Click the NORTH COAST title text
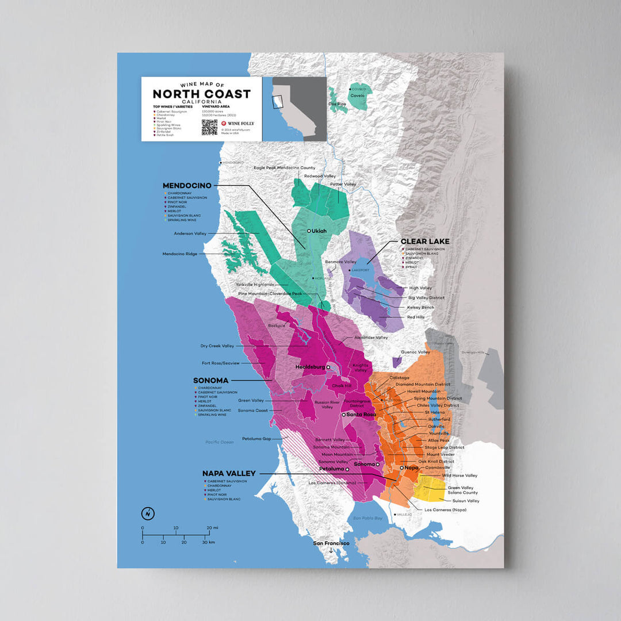pyautogui.click(x=201, y=94)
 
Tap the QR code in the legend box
pyautogui.click(x=209, y=127)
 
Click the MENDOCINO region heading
pyautogui.click(x=187, y=186)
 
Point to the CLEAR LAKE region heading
pyautogui.click(x=425, y=241)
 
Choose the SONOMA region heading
pyautogui.click(x=211, y=381)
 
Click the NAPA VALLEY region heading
pyautogui.click(x=229, y=473)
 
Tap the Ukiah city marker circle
pyautogui.click(x=309, y=231)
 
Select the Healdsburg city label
pyautogui.click(x=309, y=366)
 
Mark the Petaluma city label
pyautogui.click(x=331, y=469)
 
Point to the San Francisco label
pyautogui.click(x=331, y=543)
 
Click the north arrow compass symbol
pyautogui.click(x=147, y=512)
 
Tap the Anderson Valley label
pyautogui.click(x=190, y=233)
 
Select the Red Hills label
pyautogui.click(x=415, y=317)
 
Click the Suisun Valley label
pyautogui.click(x=466, y=501)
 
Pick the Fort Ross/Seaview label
pyautogui.click(x=221, y=363)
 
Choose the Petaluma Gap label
pyautogui.click(x=256, y=438)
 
